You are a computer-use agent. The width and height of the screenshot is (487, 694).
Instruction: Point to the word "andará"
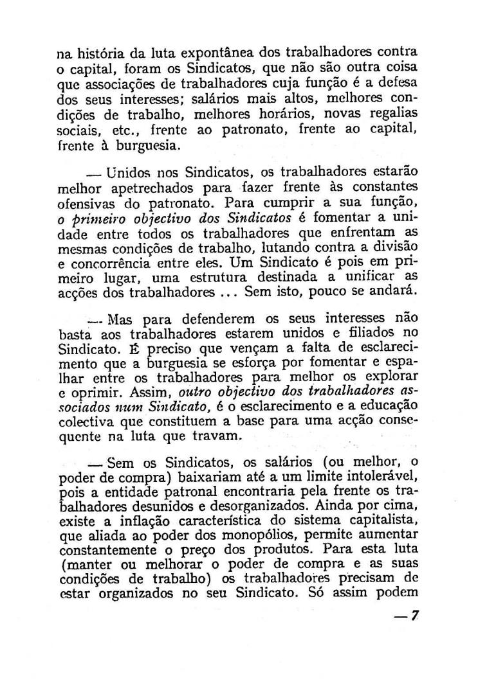click(x=395, y=292)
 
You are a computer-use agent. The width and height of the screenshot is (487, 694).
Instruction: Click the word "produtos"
click(x=289, y=551)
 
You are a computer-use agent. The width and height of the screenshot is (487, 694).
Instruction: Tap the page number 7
click(x=415, y=615)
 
